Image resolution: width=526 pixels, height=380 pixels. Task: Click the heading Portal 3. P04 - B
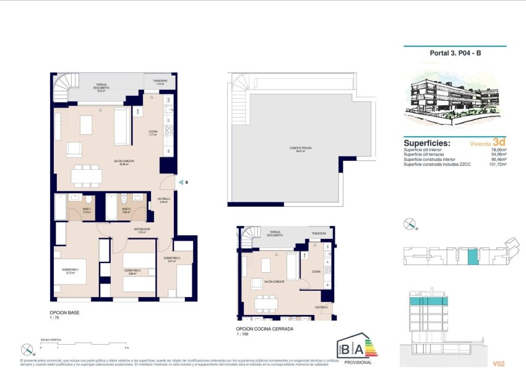[x=455, y=53]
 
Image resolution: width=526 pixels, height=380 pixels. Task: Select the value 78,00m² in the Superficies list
[x=499, y=150]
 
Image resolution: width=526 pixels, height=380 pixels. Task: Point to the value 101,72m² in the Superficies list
[x=498, y=164]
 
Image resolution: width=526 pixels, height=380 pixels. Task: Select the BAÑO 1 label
[x=87, y=210]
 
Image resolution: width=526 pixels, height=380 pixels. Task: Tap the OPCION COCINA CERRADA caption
[x=264, y=329]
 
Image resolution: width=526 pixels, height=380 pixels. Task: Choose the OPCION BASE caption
[x=64, y=313]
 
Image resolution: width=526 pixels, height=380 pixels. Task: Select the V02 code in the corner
[x=500, y=363]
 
